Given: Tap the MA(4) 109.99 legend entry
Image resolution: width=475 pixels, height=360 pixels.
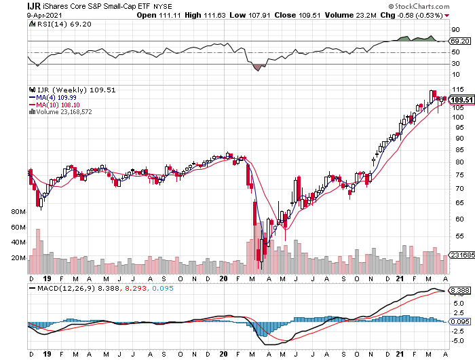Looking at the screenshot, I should [53, 97].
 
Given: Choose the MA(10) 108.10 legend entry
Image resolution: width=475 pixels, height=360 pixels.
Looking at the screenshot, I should [54, 105].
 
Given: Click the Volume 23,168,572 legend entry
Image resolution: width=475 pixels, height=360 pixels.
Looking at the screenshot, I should [62, 112].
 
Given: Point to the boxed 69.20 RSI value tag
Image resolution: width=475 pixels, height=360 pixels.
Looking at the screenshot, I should [460, 41].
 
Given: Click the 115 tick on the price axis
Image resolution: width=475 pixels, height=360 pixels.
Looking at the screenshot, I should [458, 90].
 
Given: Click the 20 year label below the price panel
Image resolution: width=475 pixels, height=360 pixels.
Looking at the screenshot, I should [223, 278].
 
